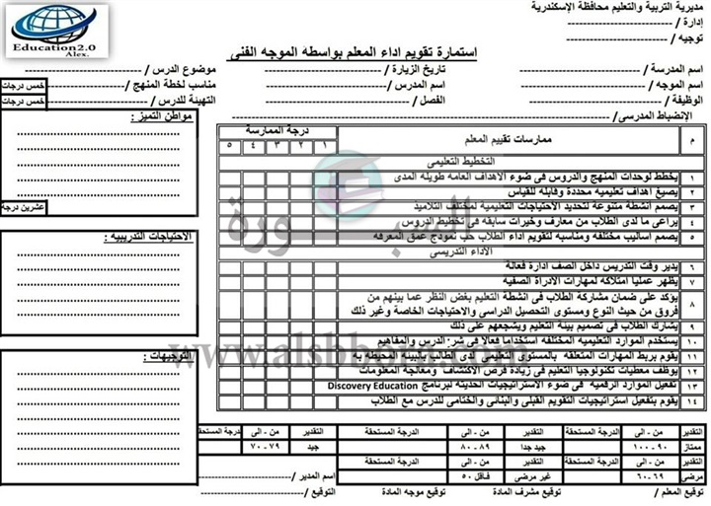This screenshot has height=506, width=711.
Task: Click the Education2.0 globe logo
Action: pos(53,30)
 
